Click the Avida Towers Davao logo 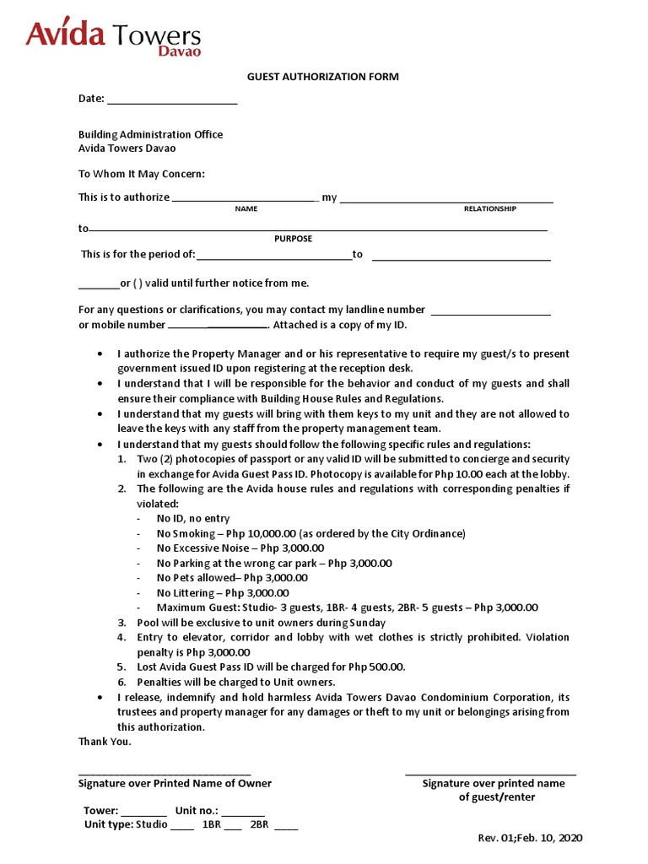coord(113,39)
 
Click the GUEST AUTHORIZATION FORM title coord(322,77)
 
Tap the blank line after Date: coord(172,100)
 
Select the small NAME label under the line coord(246,208)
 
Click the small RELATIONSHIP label coord(489,208)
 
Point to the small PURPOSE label coord(293,239)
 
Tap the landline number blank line coord(490,310)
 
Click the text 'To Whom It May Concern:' coord(142,175)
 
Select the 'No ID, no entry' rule coord(193,519)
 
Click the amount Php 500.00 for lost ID coord(376,667)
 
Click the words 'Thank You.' coord(105,742)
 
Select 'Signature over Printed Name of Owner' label coord(175,784)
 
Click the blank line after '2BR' coord(285,826)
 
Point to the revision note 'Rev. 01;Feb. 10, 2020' coord(530,838)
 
